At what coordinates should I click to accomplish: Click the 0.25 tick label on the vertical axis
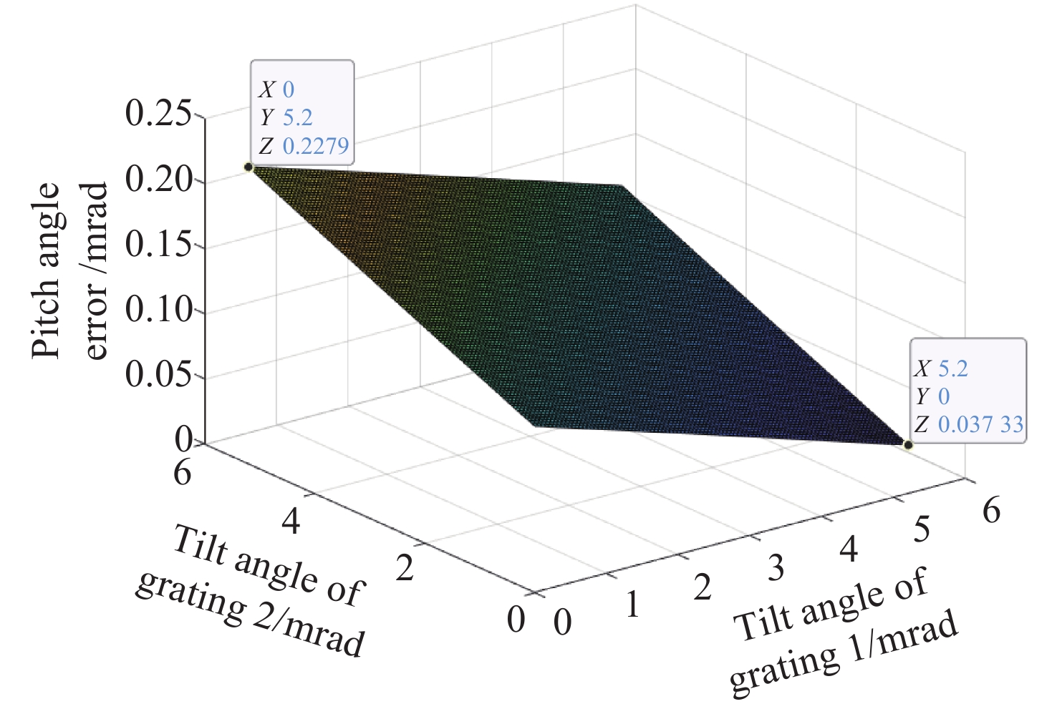[x=158, y=114]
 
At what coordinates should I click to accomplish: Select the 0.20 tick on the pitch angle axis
[x=158, y=180]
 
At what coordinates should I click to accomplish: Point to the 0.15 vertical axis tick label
[x=158, y=245]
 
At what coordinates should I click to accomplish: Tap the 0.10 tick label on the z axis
[x=158, y=311]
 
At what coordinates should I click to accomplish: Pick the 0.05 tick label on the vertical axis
[x=158, y=376]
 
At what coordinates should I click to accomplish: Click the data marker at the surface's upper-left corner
[x=248, y=167]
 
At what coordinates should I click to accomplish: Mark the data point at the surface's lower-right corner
[x=908, y=445]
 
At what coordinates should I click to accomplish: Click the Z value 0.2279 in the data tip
[x=316, y=146]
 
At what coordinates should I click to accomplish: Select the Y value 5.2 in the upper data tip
[x=298, y=118]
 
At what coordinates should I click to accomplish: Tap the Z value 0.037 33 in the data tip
[x=980, y=424]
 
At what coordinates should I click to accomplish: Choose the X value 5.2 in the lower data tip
[x=953, y=368]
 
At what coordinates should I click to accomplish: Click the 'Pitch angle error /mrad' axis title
[x=70, y=270]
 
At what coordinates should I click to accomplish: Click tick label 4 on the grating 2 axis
[x=291, y=521]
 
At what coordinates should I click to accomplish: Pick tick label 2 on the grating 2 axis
[x=405, y=569]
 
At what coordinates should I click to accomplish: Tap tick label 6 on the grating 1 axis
[x=991, y=511]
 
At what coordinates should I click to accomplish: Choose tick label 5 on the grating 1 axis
[x=922, y=529]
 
